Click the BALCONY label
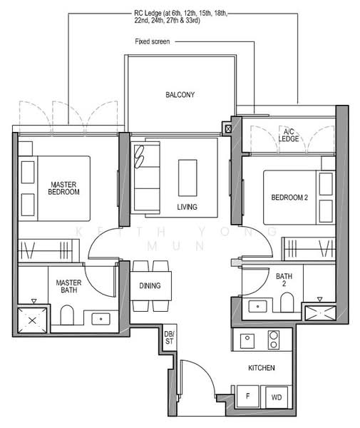[180, 95]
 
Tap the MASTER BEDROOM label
[64, 188]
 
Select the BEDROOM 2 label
[289, 198]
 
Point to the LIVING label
[187, 207]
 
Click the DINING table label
[150, 285]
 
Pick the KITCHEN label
[262, 367]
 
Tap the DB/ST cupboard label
[169, 337]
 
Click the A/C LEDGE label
[289, 135]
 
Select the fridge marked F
[247, 397]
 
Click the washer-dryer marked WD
[277, 397]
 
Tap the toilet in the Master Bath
[67, 315]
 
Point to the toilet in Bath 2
[287, 302]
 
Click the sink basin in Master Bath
[101, 319]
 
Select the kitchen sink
[247, 341]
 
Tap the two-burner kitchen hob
[274, 340]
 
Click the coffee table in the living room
[187, 178]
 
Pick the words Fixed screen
[153, 41]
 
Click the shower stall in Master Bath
[32, 320]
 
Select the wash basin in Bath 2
[258, 306]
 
